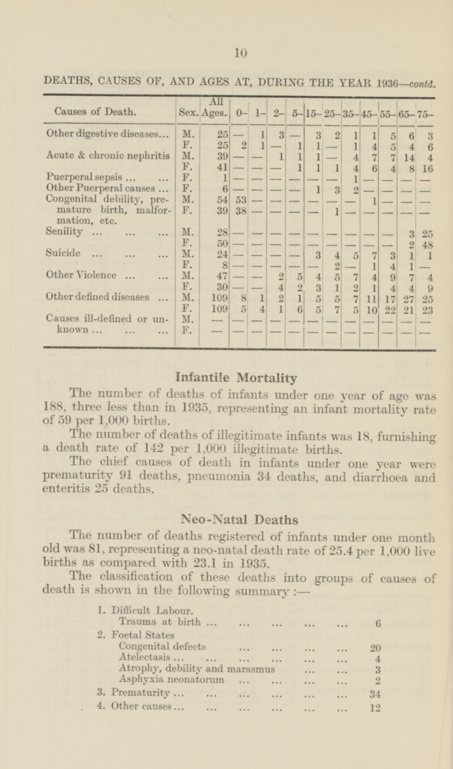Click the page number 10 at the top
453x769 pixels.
coord(242,54)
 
